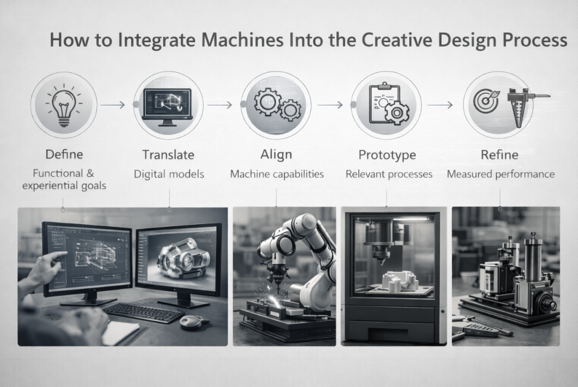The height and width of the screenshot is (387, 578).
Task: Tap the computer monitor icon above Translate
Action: click(168, 107)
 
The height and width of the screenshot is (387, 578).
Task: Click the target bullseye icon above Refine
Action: click(485, 101)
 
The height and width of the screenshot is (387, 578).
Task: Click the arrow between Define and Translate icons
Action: click(112, 105)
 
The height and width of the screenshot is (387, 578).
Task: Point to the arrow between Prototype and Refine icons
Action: click(440, 105)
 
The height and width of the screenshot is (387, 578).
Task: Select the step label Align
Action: click(276, 154)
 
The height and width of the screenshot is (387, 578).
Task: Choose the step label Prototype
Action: click(387, 155)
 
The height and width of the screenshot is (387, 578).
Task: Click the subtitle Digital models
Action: click(169, 174)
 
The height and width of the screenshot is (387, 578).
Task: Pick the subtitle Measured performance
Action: click(501, 174)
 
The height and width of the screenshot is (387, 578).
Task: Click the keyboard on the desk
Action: click(143, 312)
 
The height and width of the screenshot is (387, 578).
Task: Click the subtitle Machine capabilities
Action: click(277, 174)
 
